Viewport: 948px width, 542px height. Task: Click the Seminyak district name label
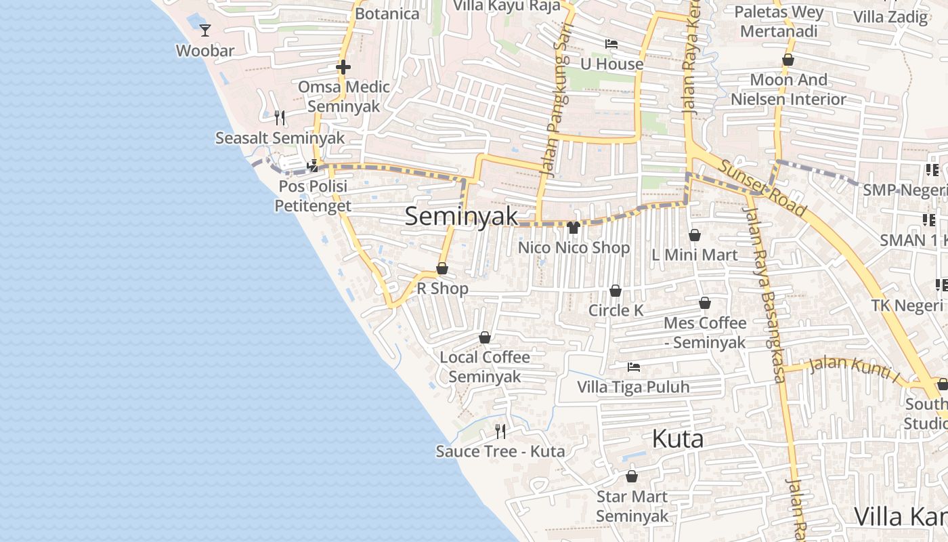click(x=461, y=217)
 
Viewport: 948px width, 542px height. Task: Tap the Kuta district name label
click(x=678, y=439)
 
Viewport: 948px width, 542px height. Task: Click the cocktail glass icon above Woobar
click(x=205, y=30)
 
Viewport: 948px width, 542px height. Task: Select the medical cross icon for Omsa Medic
click(x=343, y=67)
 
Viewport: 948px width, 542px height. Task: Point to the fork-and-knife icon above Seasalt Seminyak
click(x=280, y=118)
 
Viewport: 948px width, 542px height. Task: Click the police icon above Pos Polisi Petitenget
click(x=313, y=165)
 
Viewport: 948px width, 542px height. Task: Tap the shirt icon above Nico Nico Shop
click(x=574, y=228)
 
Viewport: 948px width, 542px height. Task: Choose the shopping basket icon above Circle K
click(x=616, y=291)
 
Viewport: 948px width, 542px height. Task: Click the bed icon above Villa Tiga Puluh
click(x=634, y=367)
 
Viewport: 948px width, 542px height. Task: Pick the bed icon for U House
click(x=611, y=44)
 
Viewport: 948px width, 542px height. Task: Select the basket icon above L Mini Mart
click(x=694, y=235)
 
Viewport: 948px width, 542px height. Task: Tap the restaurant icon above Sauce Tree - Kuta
click(x=500, y=431)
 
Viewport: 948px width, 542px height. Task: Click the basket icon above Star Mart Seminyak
click(x=632, y=476)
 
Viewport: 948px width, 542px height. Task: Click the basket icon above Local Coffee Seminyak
click(x=485, y=337)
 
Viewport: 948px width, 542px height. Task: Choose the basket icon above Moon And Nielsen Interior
click(x=788, y=60)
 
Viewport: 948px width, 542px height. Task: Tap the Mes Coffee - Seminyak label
click(x=705, y=333)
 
